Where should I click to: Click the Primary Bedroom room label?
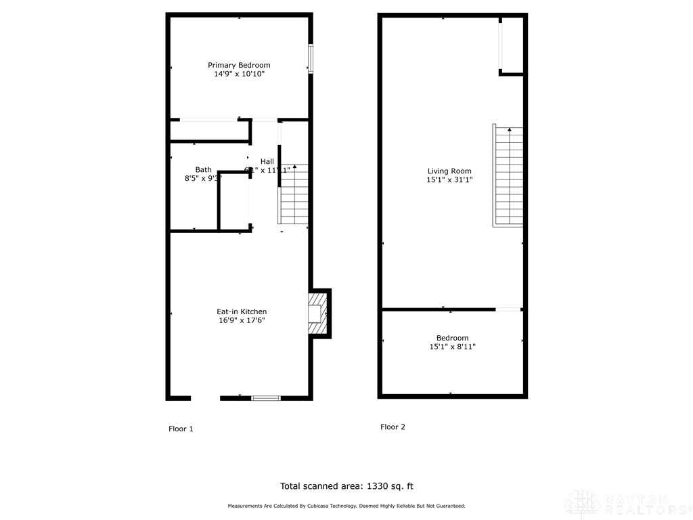click(x=239, y=65)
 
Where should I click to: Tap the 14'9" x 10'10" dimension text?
click(x=239, y=74)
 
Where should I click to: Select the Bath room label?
click(x=203, y=170)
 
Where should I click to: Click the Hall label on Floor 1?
click(x=267, y=161)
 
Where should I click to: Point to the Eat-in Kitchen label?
click(x=242, y=311)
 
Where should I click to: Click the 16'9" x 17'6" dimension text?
click(x=242, y=320)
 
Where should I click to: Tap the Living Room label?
click(x=449, y=171)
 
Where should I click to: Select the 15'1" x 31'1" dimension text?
click(x=449, y=180)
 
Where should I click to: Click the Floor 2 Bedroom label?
click(x=452, y=338)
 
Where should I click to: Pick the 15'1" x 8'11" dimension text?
click(x=452, y=347)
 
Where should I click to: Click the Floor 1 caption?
click(x=181, y=429)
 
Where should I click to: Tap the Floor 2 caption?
click(x=393, y=427)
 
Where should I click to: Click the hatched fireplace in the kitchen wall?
click(x=317, y=313)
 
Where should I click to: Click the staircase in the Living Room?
click(x=509, y=176)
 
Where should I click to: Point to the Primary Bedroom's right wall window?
click(x=311, y=58)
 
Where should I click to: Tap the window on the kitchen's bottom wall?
click(x=266, y=398)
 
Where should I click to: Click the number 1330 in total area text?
click(x=376, y=486)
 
